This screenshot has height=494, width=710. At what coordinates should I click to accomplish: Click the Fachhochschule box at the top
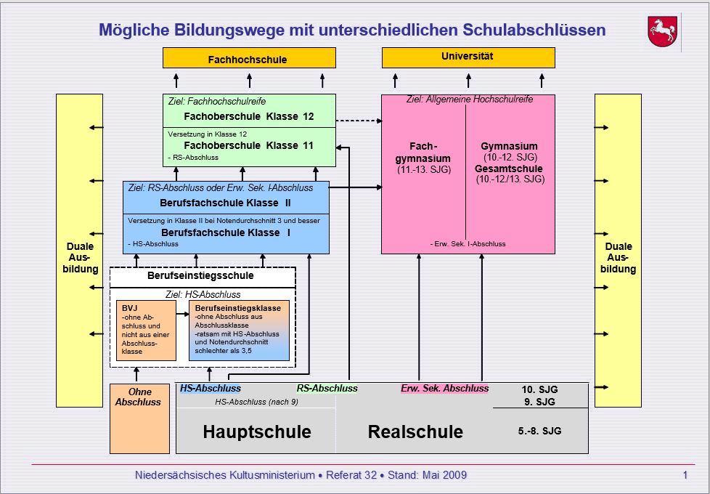coord(248,59)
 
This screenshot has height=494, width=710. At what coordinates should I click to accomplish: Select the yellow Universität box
coord(468,57)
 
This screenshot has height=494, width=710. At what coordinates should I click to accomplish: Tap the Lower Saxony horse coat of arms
coord(662,33)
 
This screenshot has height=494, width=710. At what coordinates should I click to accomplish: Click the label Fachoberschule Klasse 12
coord(248,116)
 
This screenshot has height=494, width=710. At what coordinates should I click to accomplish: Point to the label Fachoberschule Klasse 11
coord(248,145)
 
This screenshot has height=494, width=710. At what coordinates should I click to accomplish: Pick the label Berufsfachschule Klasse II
coord(225,203)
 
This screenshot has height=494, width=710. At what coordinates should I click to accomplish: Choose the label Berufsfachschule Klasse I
coord(225,232)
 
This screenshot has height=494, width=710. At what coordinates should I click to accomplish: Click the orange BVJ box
coord(146,330)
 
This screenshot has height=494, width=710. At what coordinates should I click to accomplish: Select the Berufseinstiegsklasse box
coord(238,330)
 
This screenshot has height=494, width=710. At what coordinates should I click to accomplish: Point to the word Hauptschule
coord(257,432)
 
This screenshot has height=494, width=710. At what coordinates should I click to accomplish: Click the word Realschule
coord(415,432)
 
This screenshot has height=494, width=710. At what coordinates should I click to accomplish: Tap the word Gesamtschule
coord(509,169)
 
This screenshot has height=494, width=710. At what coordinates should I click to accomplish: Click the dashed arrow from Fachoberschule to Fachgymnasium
coord(359,121)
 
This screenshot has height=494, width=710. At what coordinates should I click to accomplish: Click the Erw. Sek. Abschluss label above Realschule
coord(444,388)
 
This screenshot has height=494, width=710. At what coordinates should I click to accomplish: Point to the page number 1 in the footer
coord(685,475)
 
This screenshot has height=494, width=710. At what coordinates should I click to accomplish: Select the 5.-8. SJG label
coord(539,431)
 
